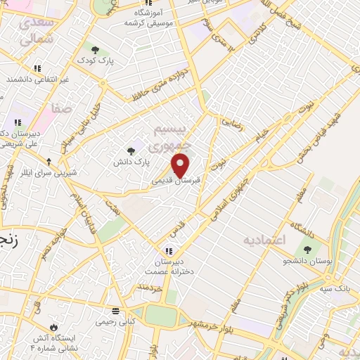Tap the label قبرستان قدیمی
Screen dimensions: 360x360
click(176, 180)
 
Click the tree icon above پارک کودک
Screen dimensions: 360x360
click(96, 49)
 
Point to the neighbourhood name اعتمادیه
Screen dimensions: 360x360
click(266, 240)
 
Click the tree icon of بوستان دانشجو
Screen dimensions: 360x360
click(307, 249)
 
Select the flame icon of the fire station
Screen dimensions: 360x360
click(53, 327)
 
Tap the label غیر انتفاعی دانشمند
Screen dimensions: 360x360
click(38, 80)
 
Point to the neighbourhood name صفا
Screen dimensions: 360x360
click(60, 109)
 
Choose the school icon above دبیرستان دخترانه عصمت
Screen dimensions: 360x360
click(168, 251)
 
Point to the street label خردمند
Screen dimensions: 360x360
click(150, 288)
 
